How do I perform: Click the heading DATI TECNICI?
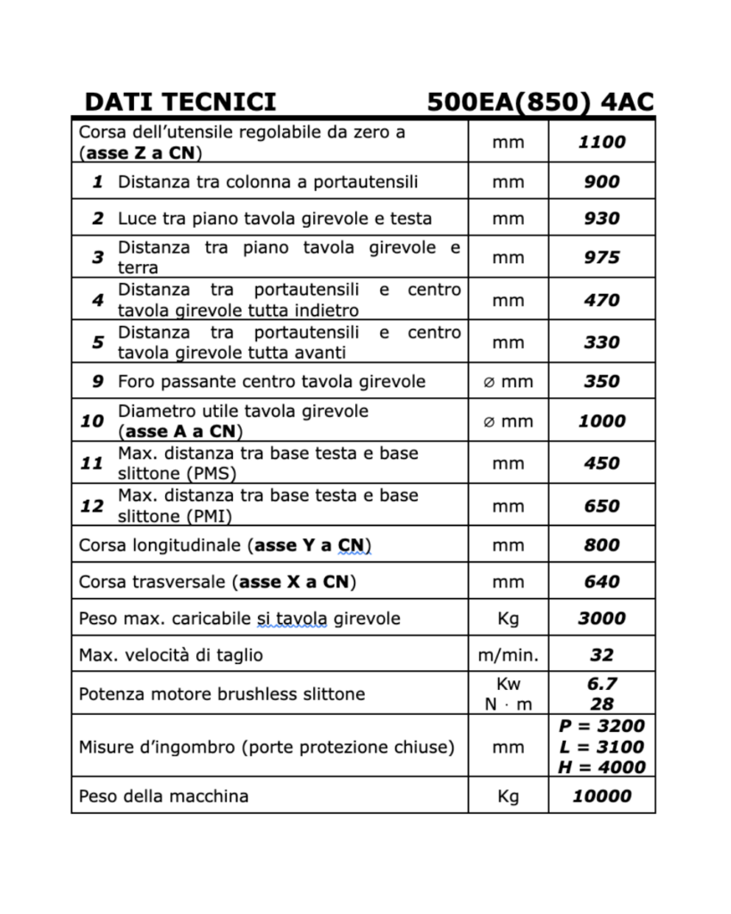coord(180,102)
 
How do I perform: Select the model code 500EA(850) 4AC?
coord(540,102)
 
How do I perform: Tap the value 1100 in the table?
coord(602,141)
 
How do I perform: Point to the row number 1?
coord(97,182)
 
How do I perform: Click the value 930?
coord(602,218)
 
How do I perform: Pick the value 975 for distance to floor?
coord(602,257)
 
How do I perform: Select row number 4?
coord(97,300)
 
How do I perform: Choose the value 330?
coord(602,342)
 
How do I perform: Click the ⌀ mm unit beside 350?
coord(508,382)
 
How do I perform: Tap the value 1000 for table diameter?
coord(602,420)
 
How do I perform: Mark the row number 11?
coord(92,463)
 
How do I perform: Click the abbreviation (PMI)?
coord(212,516)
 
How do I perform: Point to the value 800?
coord(602,544)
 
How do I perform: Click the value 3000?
coord(602,618)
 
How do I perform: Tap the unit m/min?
coord(508,655)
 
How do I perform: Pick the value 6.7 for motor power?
coord(602,684)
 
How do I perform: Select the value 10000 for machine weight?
coord(602,795)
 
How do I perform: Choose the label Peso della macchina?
coord(163,795)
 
